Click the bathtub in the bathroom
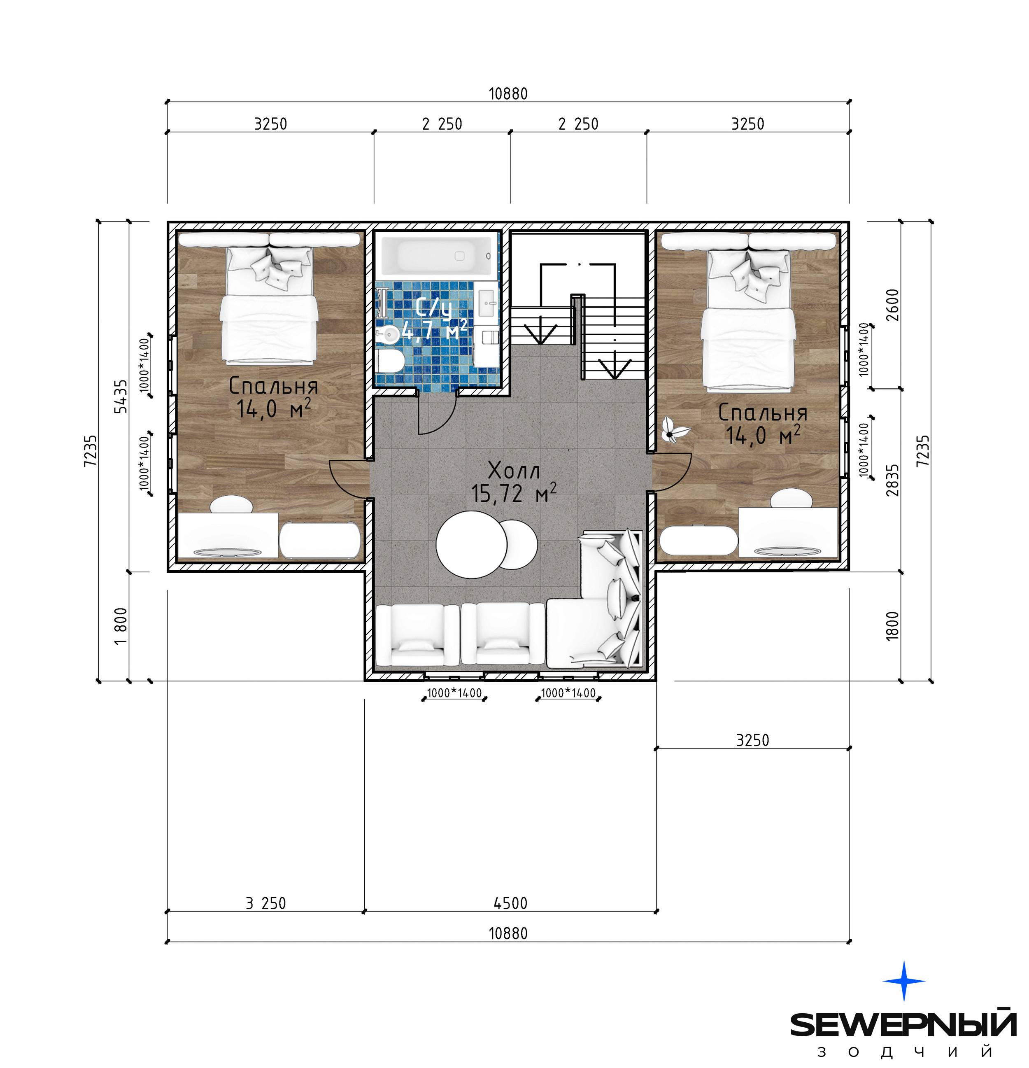[438, 256]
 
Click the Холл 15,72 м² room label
[514, 482]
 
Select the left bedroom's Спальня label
[273, 386]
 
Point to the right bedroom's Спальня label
[763, 413]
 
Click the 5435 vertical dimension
[121, 396]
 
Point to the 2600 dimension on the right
[893, 305]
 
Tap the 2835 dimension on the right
[893, 480]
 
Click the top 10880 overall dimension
[508, 94]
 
